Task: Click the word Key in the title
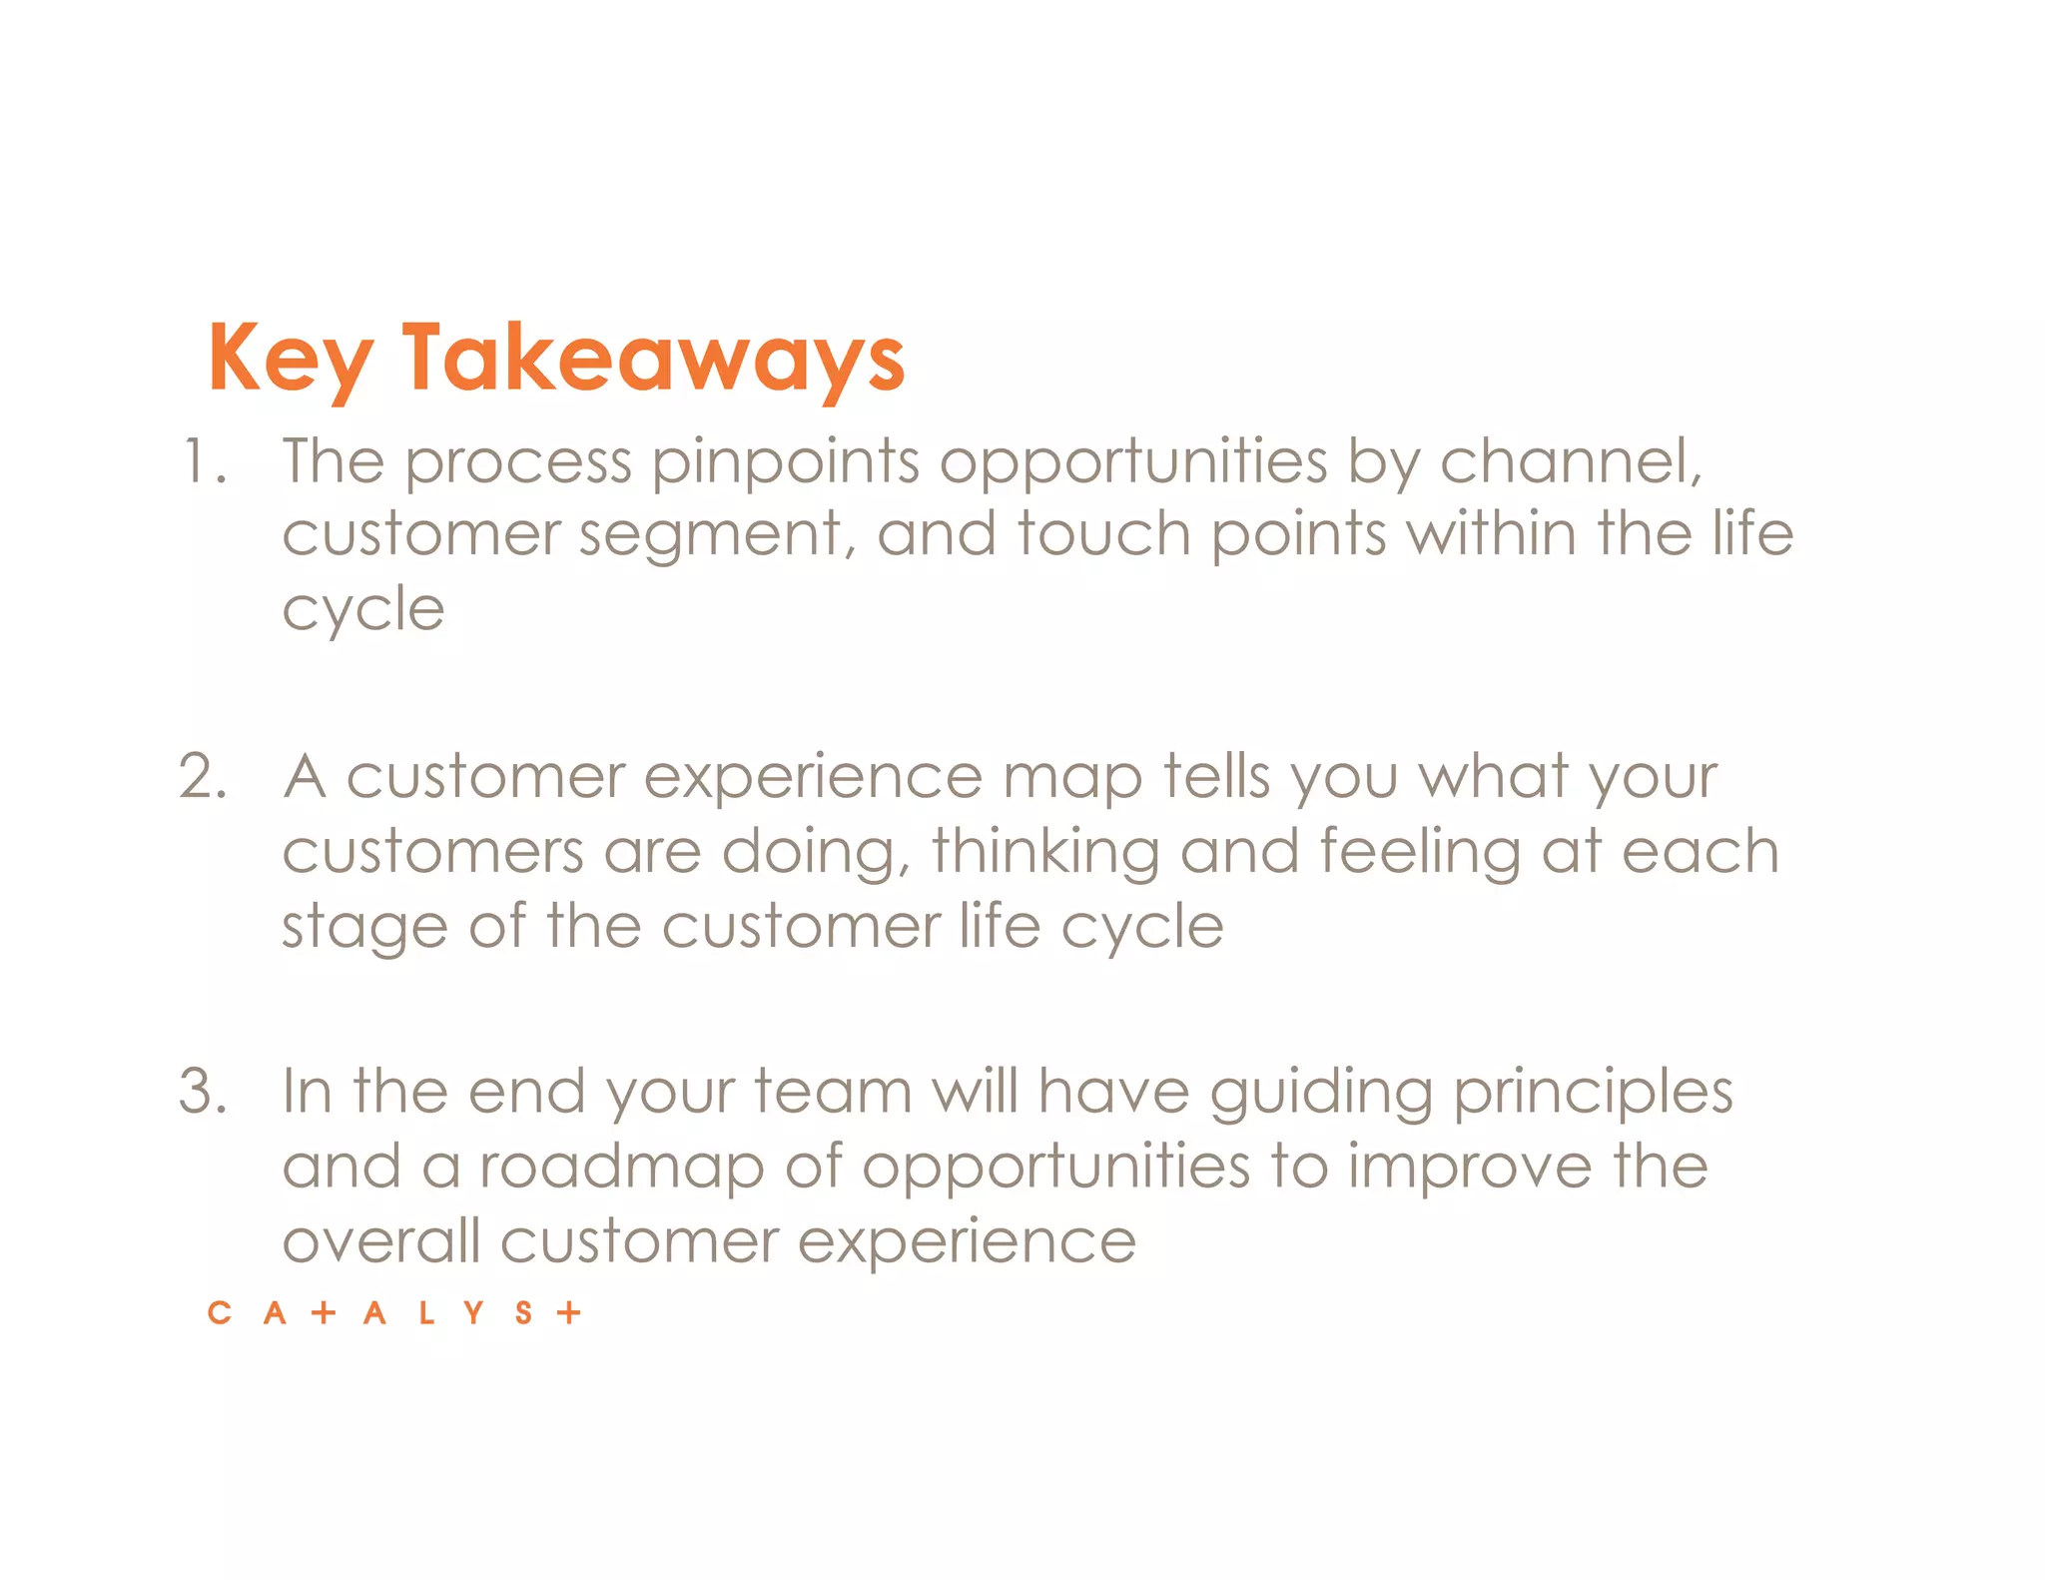point(290,360)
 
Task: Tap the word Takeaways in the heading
point(654,360)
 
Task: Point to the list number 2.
point(203,777)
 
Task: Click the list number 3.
point(203,1091)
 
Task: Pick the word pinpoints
point(785,464)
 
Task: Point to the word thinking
point(1044,854)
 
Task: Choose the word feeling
point(1419,854)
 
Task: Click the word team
point(833,1091)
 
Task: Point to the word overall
point(380,1241)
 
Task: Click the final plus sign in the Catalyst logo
point(569,1312)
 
